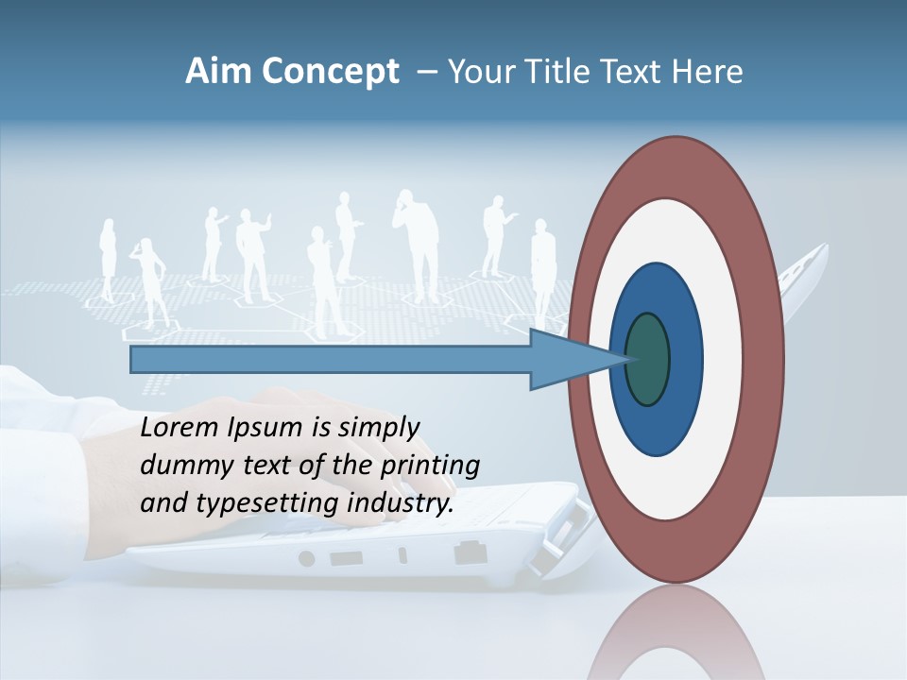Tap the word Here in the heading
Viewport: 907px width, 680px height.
(709, 72)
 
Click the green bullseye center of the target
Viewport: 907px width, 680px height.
(648, 360)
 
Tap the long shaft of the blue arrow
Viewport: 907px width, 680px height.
(331, 360)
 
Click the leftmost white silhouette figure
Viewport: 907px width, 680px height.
(107, 260)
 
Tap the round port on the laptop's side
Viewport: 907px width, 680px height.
(306, 558)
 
